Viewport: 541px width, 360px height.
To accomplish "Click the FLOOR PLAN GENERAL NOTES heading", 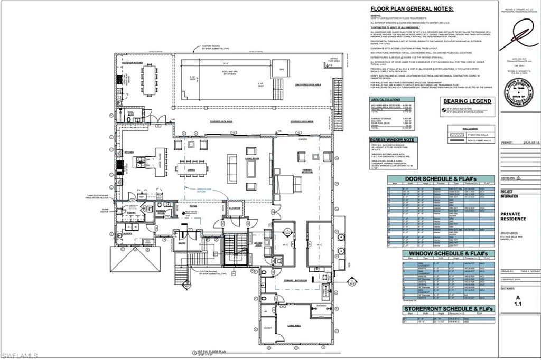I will click(412, 8).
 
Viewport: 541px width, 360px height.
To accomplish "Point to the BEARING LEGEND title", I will click(468, 101).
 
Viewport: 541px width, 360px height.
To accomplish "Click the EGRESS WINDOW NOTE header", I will click(393, 139).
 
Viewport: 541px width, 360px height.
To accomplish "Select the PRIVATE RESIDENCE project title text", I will click(514, 216).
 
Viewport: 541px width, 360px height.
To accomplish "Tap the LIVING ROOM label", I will click(251, 157).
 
